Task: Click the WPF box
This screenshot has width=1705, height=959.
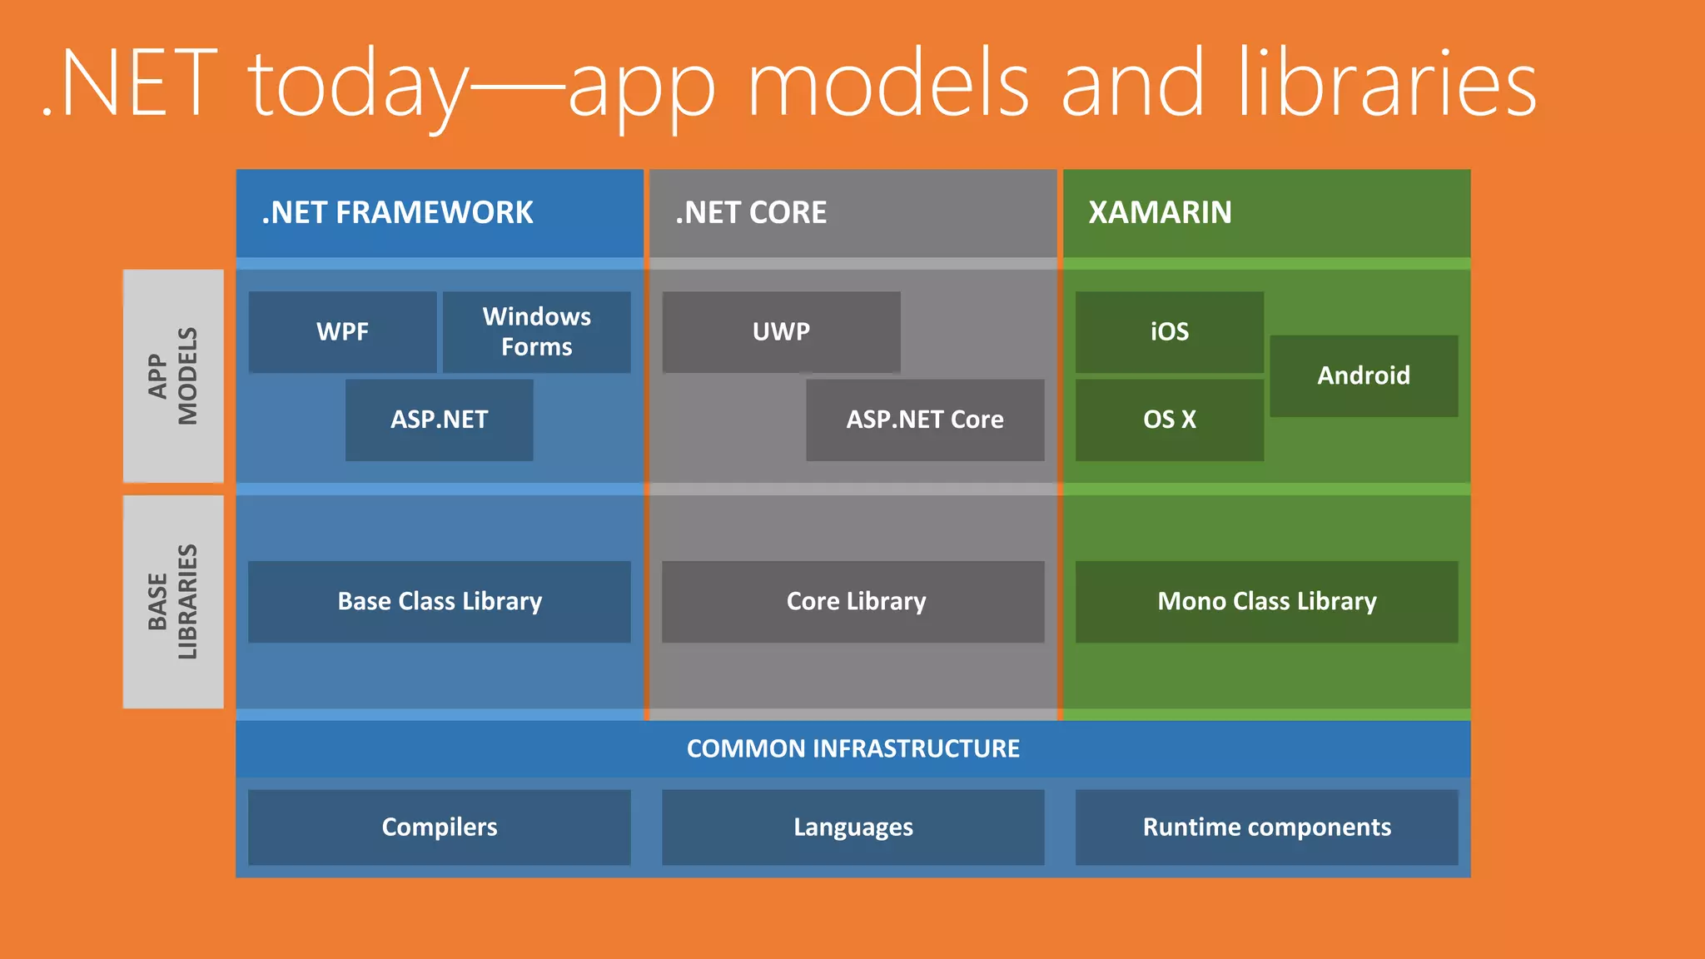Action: click(x=342, y=332)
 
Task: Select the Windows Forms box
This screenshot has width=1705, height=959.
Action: click(x=536, y=332)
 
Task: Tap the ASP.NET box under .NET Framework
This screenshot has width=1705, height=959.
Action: click(x=439, y=420)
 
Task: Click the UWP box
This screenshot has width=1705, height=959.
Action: click(x=781, y=332)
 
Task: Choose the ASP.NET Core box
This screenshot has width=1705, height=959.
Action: click(x=924, y=420)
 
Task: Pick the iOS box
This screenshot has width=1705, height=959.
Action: click(x=1169, y=332)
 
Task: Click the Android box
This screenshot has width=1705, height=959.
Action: click(x=1363, y=375)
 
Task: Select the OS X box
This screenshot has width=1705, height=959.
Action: click(x=1169, y=420)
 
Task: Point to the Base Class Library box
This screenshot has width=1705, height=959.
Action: click(x=439, y=601)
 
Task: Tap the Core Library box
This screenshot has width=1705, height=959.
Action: click(x=852, y=601)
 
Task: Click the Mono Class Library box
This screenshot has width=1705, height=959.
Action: click(x=1266, y=601)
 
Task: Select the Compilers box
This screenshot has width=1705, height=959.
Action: click(x=439, y=827)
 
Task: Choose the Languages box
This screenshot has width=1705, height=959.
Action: click(x=852, y=827)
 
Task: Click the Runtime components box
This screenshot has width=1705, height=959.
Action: click(x=1266, y=827)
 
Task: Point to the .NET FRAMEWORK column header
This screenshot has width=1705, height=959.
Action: click(x=439, y=213)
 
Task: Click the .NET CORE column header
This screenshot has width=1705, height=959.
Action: click(x=852, y=213)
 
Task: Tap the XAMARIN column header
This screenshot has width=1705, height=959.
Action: click(x=1266, y=213)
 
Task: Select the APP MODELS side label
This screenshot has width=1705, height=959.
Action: click(x=173, y=375)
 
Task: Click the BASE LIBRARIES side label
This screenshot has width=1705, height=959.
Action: click(x=173, y=601)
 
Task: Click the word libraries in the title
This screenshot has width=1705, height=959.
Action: click(x=1386, y=83)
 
